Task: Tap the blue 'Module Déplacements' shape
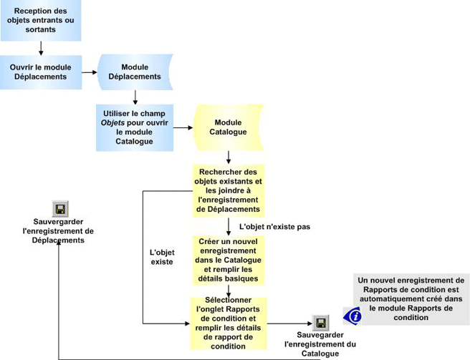[x=135, y=72]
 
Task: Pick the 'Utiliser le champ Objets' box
[x=135, y=127]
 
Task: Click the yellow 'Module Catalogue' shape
[x=228, y=127]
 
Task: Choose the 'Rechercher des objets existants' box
[x=228, y=190]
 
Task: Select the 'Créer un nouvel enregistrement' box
[x=228, y=260]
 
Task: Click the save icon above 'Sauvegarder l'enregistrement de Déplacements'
[x=60, y=209]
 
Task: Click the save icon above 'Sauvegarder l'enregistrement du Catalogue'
[x=320, y=323]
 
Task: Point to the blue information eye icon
[x=352, y=316]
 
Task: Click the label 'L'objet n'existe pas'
[x=274, y=226]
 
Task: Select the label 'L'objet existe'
[x=161, y=257]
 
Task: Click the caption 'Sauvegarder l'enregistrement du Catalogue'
[x=320, y=344]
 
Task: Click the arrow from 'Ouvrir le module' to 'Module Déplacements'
[x=89, y=72]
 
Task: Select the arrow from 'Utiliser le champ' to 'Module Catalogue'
[x=183, y=128]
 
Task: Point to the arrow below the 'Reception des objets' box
[x=41, y=48]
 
